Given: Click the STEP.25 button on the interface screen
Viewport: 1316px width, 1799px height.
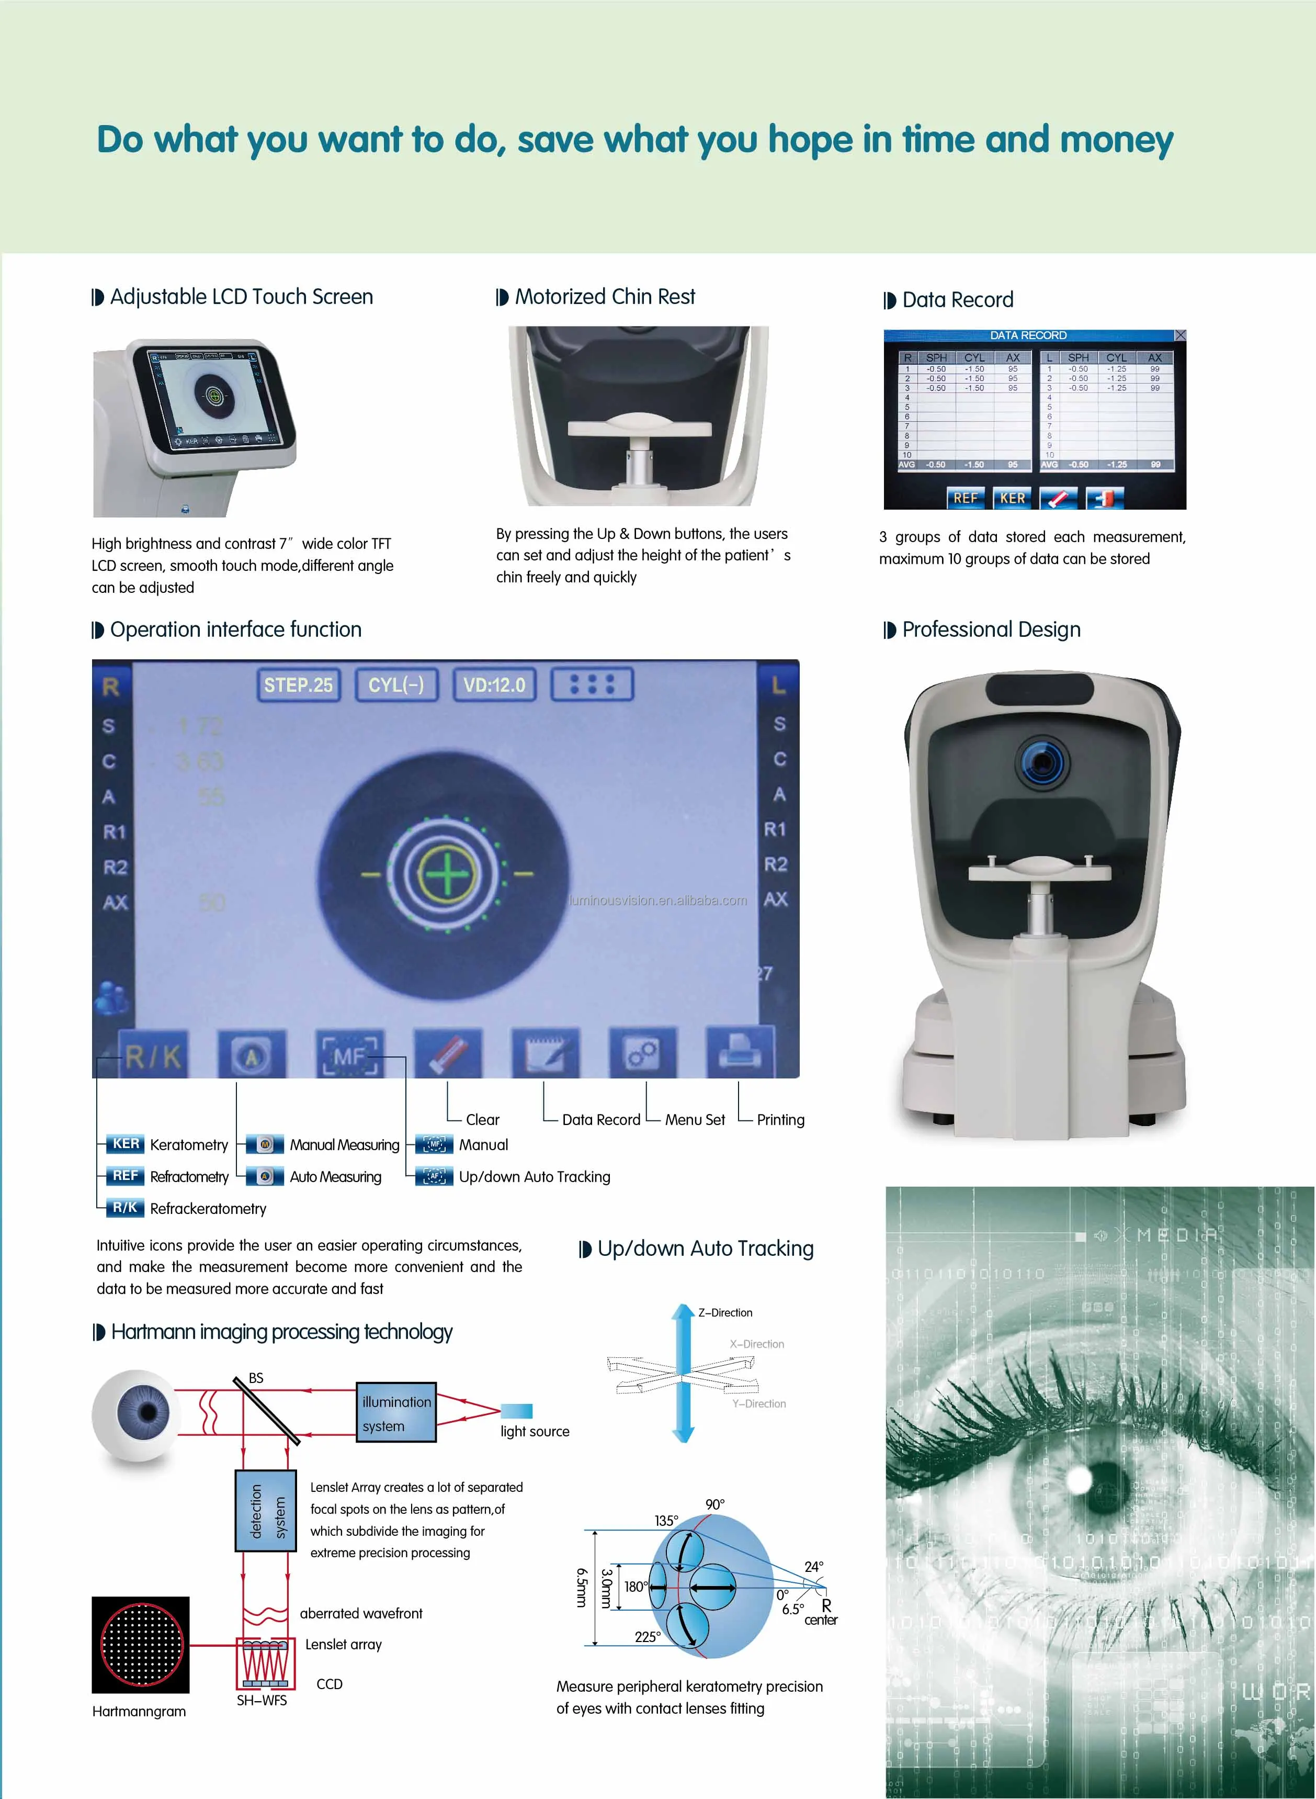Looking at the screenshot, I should (299, 685).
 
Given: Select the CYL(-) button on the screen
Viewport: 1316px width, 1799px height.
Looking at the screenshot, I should (396, 685).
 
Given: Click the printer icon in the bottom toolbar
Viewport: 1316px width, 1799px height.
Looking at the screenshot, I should (740, 1053).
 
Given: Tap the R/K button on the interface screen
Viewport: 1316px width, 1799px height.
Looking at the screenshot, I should (153, 1055).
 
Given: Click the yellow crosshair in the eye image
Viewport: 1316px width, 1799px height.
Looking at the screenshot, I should (446, 874).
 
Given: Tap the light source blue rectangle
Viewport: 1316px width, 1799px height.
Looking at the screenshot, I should (516, 1411).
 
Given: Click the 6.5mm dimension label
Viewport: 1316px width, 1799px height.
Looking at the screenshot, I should (582, 1588).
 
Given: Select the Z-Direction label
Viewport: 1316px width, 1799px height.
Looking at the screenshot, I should (725, 1312).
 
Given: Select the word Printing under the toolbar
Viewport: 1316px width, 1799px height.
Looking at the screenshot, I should (780, 1119).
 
